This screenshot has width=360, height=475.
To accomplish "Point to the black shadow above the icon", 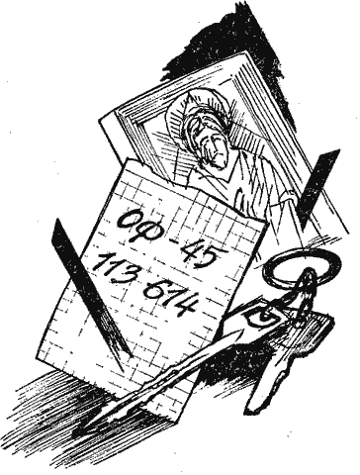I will pyautogui.click(x=237, y=30).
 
